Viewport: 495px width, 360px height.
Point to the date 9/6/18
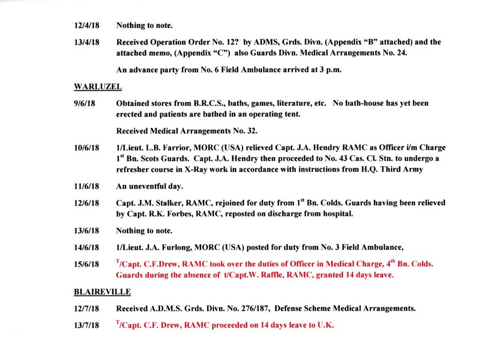(85, 104)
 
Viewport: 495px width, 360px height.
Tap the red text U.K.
(325, 326)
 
